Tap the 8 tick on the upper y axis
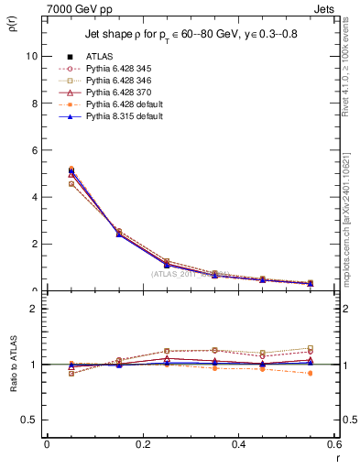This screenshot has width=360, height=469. point(34,103)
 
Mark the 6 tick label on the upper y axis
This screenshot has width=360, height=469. point(34,150)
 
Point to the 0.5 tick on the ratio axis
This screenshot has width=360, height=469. point(30,420)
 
